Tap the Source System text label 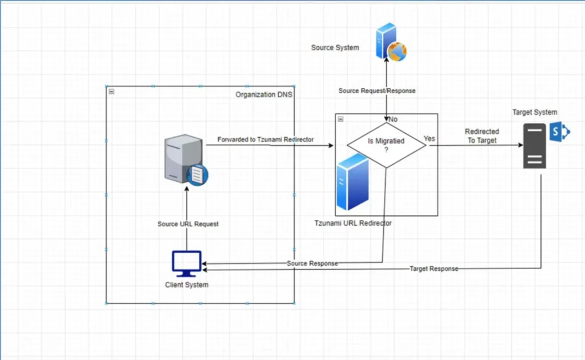click(x=335, y=47)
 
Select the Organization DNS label click(x=264, y=94)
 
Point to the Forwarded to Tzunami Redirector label click(x=265, y=139)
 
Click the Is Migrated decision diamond click(x=387, y=145)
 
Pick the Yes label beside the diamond click(x=429, y=139)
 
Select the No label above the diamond click(x=393, y=119)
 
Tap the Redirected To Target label click(x=482, y=136)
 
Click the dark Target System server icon click(x=535, y=147)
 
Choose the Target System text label click(x=535, y=112)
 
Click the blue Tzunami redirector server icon click(x=352, y=182)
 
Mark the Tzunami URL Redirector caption click(x=353, y=223)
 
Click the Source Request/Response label click(x=376, y=91)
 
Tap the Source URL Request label click(x=188, y=224)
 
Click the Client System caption click(x=187, y=285)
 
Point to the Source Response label click(x=312, y=263)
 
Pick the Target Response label click(x=434, y=269)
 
